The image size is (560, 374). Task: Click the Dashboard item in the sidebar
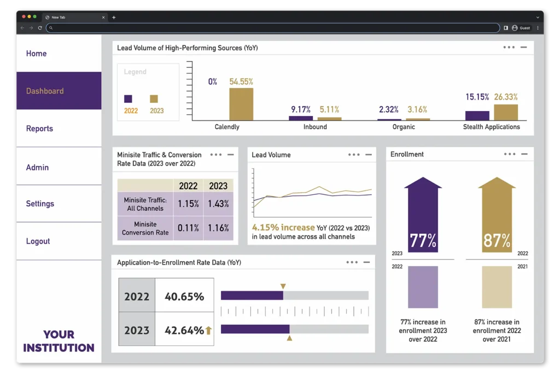pos(45,91)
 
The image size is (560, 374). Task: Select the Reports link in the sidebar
pos(39,129)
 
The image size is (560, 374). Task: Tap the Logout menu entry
pos(38,241)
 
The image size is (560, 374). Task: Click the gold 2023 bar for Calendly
pos(241,104)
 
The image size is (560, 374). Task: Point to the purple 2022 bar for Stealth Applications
pos(477,116)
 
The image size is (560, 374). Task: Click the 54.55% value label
pos(241,82)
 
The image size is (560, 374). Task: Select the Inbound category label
pos(315,127)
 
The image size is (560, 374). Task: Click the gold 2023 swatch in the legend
pos(154,99)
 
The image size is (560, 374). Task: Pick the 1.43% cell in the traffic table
pos(218,204)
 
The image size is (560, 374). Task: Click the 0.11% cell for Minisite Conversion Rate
pos(188,228)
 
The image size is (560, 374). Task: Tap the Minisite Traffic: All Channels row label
pos(145,204)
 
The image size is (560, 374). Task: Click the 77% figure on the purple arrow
pos(423,240)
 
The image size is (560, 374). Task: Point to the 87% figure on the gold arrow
pos(497,240)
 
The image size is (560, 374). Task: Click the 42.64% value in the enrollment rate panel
pos(184,330)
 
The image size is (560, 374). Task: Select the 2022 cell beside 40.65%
pos(137,296)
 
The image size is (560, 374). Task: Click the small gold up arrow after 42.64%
pos(208,330)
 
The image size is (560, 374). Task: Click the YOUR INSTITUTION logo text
pos(59,341)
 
